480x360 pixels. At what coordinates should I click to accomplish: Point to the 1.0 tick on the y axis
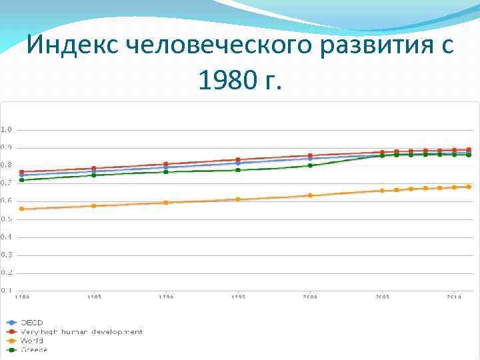click(6, 129)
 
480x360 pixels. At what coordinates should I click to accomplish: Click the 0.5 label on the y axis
click(6, 219)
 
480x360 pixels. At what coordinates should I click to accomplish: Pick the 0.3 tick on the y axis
click(6, 255)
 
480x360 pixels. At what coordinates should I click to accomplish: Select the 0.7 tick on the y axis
click(6, 183)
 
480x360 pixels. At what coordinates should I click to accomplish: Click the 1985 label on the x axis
click(94, 297)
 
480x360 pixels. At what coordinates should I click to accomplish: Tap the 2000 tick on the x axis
click(310, 297)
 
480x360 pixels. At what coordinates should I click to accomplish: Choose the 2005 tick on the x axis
click(382, 297)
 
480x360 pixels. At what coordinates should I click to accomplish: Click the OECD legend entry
click(31, 323)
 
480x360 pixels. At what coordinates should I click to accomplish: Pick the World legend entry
click(32, 341)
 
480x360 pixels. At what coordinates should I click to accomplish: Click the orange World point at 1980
click(22, 209)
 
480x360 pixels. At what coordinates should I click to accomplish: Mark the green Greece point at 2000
click(310, 165)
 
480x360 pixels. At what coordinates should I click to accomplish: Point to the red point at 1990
click(166, 164)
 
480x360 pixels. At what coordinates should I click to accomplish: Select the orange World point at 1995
click(238, 199)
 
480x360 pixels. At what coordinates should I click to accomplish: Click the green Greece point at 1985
click(94, 175)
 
